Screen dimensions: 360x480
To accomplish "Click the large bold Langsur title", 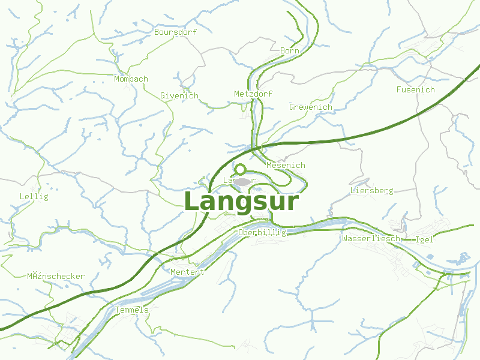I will point(241,202).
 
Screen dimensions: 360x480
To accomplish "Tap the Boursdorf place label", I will point(176,32).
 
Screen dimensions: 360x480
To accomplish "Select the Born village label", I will point(290,51).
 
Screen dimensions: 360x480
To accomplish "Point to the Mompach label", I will point(131,79).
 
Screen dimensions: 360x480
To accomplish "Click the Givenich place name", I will point(179,95).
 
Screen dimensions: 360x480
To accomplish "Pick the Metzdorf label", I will point(253,94).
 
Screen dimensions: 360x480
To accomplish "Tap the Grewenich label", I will point(310,107).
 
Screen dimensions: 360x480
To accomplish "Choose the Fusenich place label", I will point(415,89).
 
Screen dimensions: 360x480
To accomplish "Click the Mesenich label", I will point(286,165).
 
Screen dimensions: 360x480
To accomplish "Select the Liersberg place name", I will point(371,190).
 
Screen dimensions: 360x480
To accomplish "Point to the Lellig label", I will point(34,196).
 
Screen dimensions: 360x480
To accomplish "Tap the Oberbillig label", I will point(262,232).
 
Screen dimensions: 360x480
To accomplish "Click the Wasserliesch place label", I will point(371,238).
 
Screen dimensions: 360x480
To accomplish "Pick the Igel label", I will point(424,239).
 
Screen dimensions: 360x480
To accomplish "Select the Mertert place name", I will point(188,272).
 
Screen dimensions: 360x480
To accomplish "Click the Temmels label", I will point(131,310).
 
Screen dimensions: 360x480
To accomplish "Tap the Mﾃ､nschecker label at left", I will point(56,276).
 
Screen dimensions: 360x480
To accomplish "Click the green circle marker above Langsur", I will point(241,169).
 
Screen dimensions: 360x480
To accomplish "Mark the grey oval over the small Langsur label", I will point(242,181).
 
